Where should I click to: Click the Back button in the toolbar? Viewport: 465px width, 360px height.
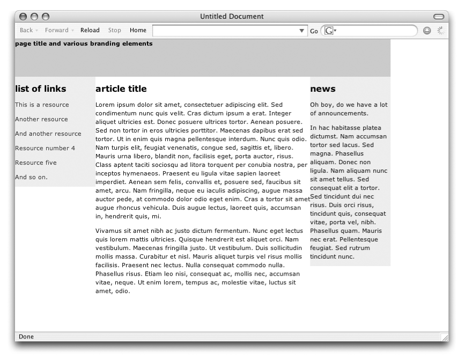(x=26, y=31)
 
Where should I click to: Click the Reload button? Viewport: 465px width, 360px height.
(x=90, y=31)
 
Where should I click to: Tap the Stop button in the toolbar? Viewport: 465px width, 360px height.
(x=115, y=31)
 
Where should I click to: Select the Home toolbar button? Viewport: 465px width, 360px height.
(x=138, y=31)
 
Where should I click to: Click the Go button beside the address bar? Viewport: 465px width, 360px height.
(x=314, y=31)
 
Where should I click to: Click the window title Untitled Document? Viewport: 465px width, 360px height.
(x=232, y=17)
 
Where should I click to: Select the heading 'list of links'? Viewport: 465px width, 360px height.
(x=41, y=89)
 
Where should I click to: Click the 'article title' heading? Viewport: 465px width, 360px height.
(x=121, y=89)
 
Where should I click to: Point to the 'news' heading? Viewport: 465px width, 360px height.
(x=322, y=89)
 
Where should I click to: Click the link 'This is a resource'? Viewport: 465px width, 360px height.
(x=42, y=105)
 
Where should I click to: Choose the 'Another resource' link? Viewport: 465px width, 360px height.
(x=41, y=119)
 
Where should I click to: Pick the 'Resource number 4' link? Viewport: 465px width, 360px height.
(x=45, y=148)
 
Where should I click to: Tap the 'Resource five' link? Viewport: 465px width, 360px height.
(x=35, y=163)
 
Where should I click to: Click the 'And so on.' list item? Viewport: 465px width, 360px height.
(x=31, y=177)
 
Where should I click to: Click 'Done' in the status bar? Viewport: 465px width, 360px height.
(x=26, y=337)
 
